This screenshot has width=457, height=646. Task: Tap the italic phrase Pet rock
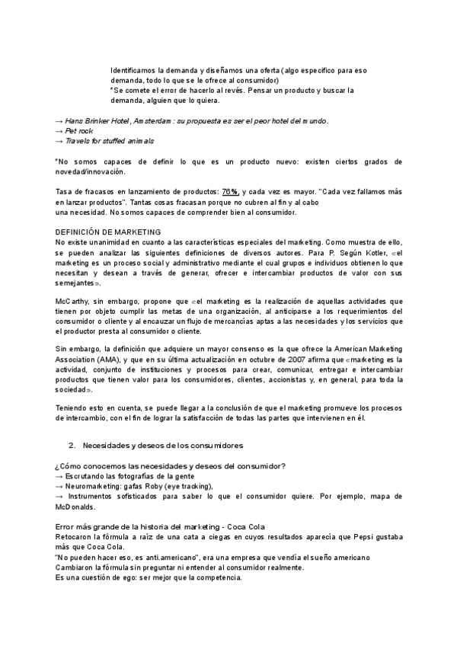point(79,131)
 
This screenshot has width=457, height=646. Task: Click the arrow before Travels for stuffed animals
point(59,141)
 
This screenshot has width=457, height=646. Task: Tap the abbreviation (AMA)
point(107,360)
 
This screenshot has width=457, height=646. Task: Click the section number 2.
point(72,444)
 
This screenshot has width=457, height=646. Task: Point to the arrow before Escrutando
point(59,476)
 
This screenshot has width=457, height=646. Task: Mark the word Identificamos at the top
point(134,70)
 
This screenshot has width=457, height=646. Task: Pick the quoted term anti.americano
point(150,558)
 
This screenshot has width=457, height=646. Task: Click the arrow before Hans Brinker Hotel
point(59,121)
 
